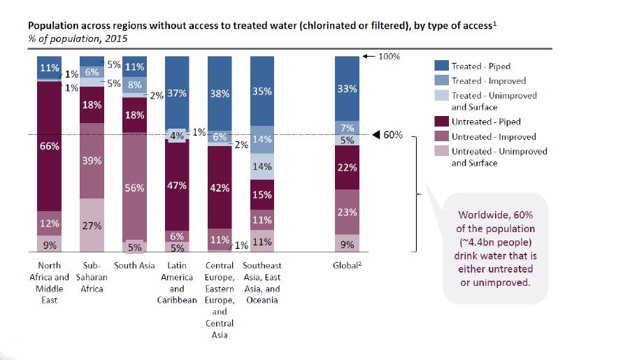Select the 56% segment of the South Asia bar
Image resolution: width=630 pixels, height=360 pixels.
(x=135, y=187)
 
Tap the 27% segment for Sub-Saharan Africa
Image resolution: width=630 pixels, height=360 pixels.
(x=92, y=225)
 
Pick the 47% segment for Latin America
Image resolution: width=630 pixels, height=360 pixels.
(x=177, y=185)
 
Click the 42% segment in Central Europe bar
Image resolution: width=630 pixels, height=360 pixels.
(x=220, y=187)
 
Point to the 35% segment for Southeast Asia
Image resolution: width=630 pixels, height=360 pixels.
(x=262, y=91)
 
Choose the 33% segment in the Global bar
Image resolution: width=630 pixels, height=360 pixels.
(x=347, y=89)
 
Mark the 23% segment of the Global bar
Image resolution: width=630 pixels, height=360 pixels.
(x=347, y=212)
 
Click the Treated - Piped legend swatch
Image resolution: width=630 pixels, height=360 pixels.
(x=441, y=66)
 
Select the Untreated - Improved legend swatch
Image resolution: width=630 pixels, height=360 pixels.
(x=441, y=137)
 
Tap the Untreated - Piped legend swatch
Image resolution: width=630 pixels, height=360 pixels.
(x=441, y=122)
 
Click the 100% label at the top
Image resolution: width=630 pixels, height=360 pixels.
(x=389, y=56)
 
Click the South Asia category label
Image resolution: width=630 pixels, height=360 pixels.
(x=135, y=266)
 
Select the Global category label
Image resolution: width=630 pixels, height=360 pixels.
(x=347, y=266)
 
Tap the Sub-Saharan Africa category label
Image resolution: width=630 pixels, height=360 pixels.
(x=92, y=277)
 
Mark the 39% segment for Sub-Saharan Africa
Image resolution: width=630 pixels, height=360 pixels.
(x=92, y=161)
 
